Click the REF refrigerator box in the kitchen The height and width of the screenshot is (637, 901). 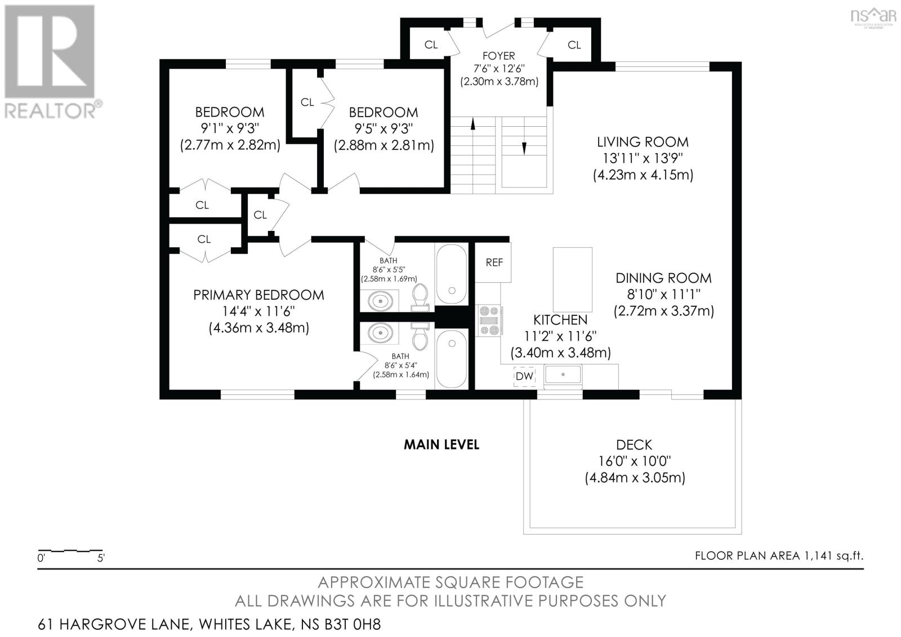(x=494, y=262)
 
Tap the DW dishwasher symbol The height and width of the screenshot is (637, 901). (x=524, y=376)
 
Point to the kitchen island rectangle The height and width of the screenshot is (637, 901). (x=572, y=279)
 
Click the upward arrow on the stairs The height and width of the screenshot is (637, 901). (x=472, y=124)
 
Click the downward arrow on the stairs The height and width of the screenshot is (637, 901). (x=524, y=148)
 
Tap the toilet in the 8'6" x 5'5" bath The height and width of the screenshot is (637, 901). (x=420, y=297)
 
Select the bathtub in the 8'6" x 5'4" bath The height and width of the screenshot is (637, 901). (x=451, y=358)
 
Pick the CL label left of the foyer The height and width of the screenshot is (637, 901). (x=431, y=45)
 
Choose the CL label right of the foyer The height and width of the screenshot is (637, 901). (x=574, y=45)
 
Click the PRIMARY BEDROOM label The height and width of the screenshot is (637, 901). (x=258, y=295)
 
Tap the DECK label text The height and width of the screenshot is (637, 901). (x=634, y=445)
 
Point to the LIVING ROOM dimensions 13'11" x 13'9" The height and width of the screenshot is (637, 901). (x=643, y=158)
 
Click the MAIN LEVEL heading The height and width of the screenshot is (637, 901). (x=441, y=445)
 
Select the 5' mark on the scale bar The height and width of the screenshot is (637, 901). (x=100, y=559)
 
